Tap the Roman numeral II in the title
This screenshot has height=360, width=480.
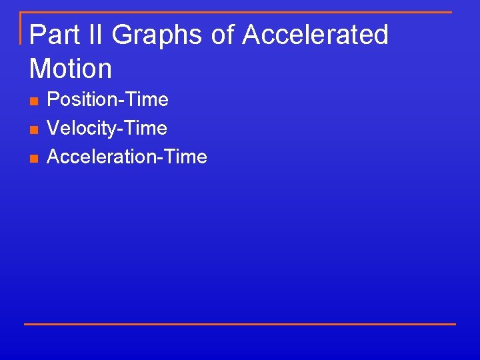(x=95, y=35)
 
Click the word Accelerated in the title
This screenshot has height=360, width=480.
(x=315, y=35)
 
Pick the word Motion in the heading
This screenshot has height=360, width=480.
(x=71, y=68)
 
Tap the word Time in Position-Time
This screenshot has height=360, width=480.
(x=146, y=100)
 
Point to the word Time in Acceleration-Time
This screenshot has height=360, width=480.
(x=185, y=157)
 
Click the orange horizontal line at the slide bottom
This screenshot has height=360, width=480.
(x=240, y=324)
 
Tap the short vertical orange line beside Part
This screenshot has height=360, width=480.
(x=21, y=28)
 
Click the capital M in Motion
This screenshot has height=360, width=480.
(x=41, y=68)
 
